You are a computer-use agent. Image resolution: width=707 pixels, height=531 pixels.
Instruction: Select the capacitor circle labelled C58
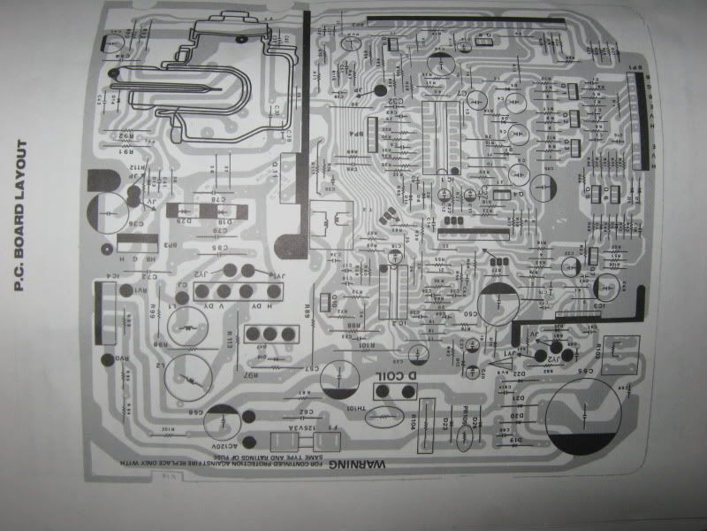coord(221,415)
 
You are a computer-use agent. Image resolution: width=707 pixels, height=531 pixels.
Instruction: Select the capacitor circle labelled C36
coord(110,213)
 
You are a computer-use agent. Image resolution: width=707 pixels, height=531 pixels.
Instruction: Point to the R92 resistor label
coord(128,135)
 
